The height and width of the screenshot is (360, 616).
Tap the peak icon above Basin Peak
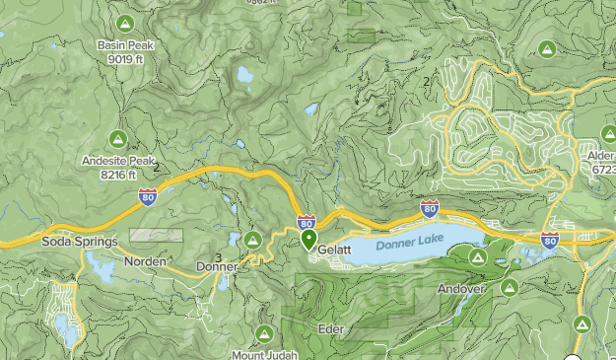[123, 23]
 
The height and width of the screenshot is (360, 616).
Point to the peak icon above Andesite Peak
[117, 137]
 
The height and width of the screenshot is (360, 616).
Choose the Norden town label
[145, 261]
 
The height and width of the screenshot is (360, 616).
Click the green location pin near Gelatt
[308, 239]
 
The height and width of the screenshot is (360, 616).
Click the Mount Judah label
[264, 354]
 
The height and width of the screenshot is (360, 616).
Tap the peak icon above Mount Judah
[264, 333]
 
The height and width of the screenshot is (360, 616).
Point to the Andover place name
[461, 289]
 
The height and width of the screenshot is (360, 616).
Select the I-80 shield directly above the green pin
[307, 222]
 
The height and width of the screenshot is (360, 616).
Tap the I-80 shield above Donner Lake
[430, 208]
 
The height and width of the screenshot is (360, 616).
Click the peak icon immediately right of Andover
[509, 287]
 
